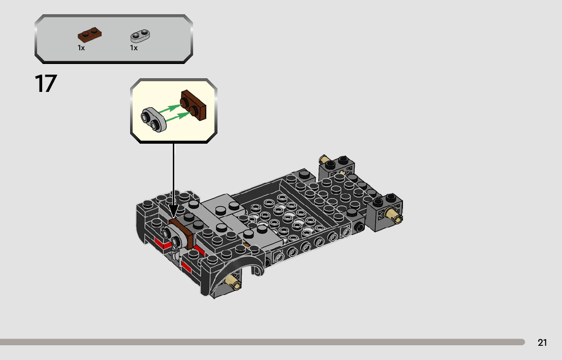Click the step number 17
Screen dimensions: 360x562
tap(46, 84)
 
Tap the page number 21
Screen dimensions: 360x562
tap(542, 343)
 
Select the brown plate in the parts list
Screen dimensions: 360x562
tap(89, 36)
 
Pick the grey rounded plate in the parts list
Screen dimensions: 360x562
tap(140, 36)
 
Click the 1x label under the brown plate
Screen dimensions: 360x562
tap(81, 48)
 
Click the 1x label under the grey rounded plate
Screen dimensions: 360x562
tap(134, 48)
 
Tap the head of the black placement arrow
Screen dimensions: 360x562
tap(173, 213)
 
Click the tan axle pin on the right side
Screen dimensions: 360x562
tap(394, 216)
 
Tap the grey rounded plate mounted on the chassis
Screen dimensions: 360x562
tap(171, 235)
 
